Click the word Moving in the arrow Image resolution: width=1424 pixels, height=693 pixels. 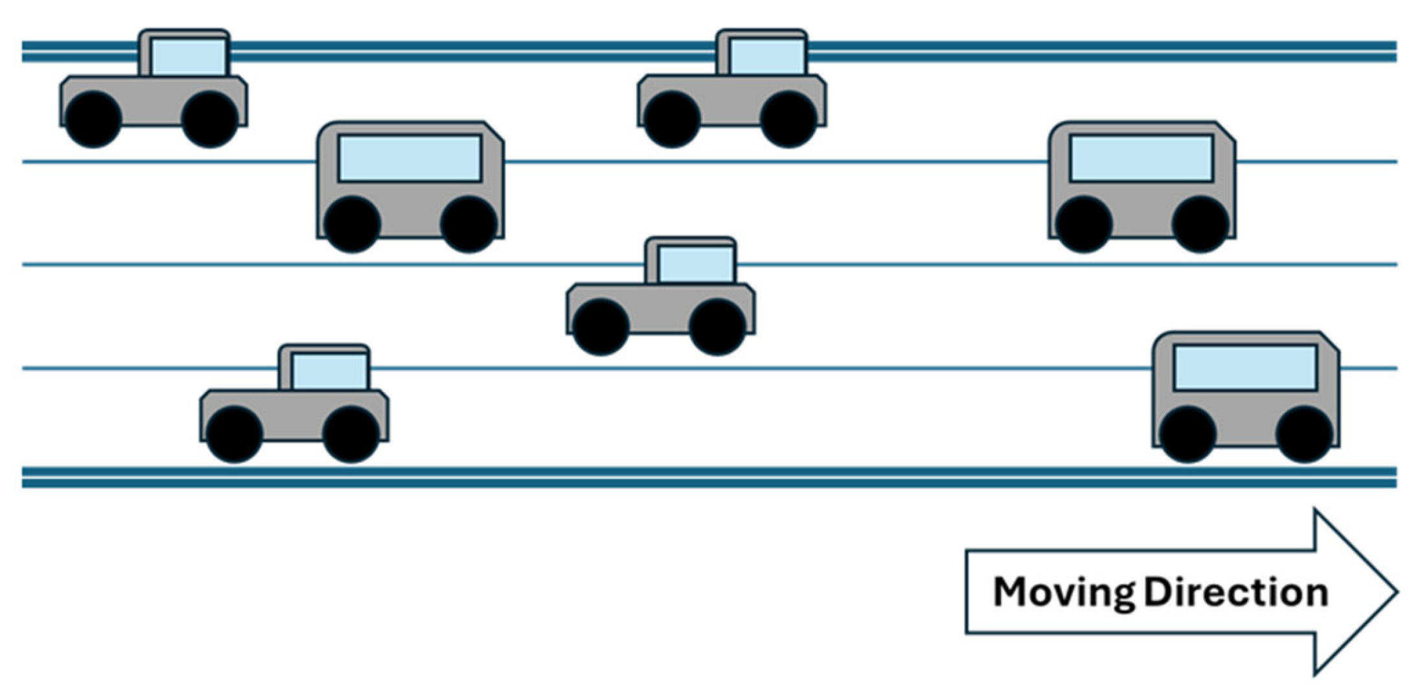[1063, 593]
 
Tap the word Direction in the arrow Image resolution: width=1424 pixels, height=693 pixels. [1236, 593]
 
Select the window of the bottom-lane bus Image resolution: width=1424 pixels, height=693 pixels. [1245, 368]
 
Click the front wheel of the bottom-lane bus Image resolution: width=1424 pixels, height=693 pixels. [1303, 434]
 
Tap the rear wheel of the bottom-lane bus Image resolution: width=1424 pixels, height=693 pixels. [1188, 434]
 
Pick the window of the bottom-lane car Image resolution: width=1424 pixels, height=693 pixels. [330, 371]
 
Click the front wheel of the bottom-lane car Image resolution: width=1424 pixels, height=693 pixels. [350, 434]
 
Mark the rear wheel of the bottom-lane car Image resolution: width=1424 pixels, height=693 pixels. [234, 434]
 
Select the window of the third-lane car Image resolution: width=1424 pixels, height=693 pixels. [696, 264]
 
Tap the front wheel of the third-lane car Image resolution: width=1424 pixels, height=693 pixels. [717, 327]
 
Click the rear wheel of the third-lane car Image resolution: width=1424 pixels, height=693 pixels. [601, 327]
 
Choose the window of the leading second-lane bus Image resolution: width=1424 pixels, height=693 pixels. [1141, 158]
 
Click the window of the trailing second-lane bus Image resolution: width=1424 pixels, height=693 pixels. [409, 158]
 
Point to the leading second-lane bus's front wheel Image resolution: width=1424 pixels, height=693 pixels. [1200, 224]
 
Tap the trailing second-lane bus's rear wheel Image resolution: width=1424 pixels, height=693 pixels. [352, 224]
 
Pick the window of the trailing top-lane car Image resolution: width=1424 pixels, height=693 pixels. [189, 56]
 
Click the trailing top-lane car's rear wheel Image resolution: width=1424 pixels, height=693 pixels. [93, 119]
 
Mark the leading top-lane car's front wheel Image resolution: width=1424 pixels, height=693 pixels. [788, 119]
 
